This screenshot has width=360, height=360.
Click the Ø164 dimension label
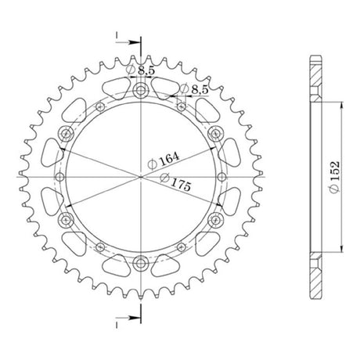pyautogui.click(x=164, y=160)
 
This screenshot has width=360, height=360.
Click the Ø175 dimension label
pyautogui.click(x=175, y=182)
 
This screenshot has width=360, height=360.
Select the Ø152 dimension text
pyautogui.click(x=334, y=177)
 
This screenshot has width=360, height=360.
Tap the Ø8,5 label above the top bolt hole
pyautogui.click(x=140, y=70)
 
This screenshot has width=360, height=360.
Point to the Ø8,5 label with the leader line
pyautogui.click(x=194, y=89)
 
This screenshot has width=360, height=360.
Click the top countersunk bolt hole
pyautogui.click(x=141, y=91)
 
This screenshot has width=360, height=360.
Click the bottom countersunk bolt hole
pyautogui.click(x=141, y=264)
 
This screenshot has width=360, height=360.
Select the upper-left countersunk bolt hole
pyautogui.click(x=66, y=134)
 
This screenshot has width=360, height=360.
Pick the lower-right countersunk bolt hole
pyautogui.click(x=216, y=220)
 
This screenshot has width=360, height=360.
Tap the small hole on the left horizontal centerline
pyautogui.click(x=60, y=177)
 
